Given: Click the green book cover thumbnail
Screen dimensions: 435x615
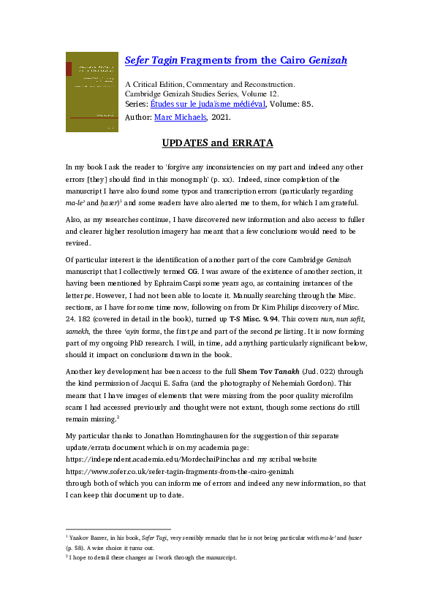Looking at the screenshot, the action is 91,91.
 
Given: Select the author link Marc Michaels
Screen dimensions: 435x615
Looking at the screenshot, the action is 181,116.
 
